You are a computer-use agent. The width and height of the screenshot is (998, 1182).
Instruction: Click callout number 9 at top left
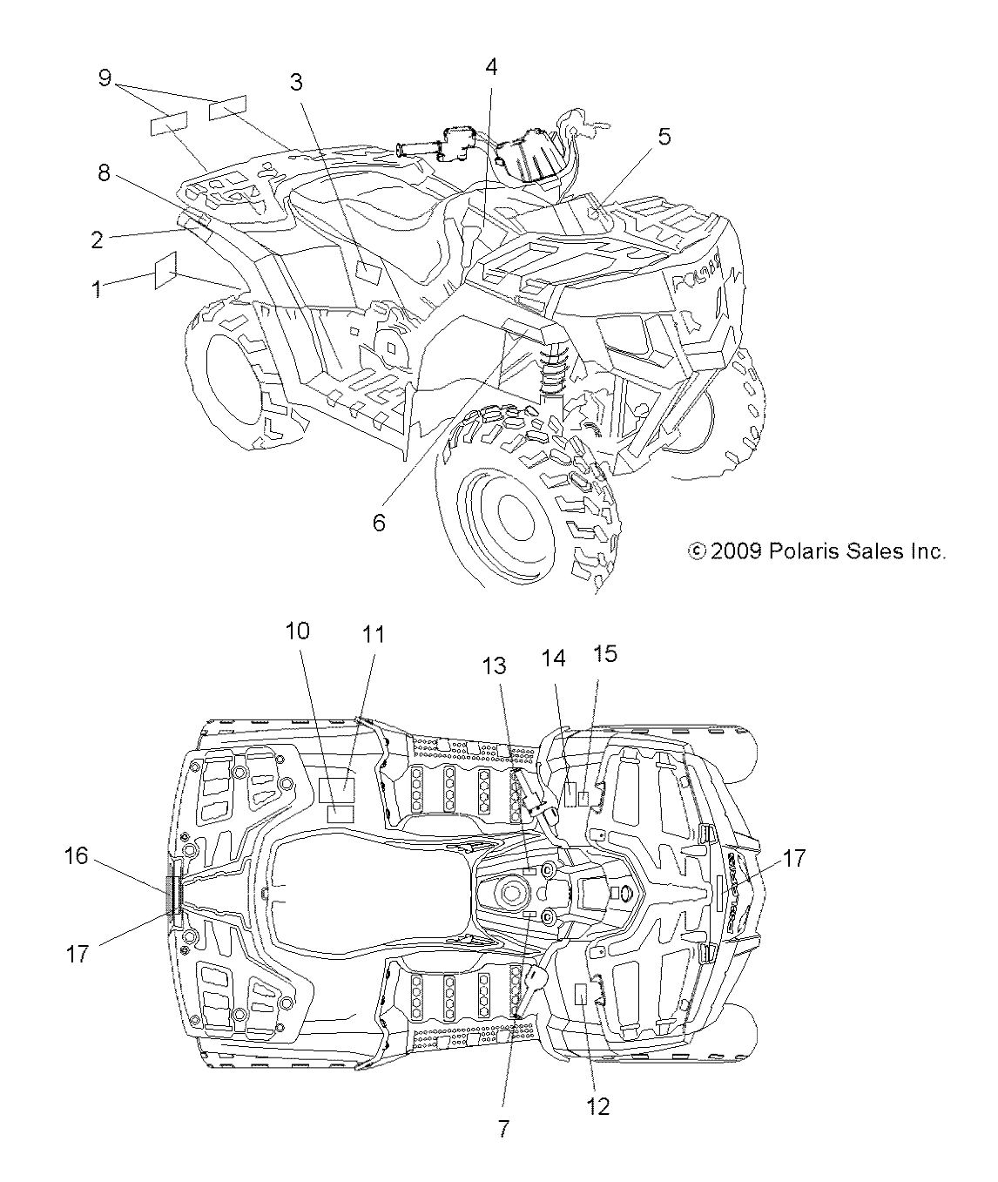(105, 78)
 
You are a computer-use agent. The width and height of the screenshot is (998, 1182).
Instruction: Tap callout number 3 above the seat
(296, 83)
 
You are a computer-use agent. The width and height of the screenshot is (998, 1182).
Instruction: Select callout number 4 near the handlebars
(492, 68)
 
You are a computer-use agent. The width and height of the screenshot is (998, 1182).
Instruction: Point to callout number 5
(664, 137)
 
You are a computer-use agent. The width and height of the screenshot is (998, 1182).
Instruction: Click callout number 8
(104, 173)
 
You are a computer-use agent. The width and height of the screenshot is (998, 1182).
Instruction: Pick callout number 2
(97, 240)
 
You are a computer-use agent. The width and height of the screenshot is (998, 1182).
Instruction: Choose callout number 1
(97, 289)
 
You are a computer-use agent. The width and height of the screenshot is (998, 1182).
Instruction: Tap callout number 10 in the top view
(298, 631)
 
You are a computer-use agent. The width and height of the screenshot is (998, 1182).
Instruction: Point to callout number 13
(519, 665)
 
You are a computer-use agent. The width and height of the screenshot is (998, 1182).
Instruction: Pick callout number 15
(605, 652)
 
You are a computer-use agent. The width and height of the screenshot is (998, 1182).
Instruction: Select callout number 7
(503, 1128)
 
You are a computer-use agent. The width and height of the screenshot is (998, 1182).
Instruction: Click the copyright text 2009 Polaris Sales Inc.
(816, 551)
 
